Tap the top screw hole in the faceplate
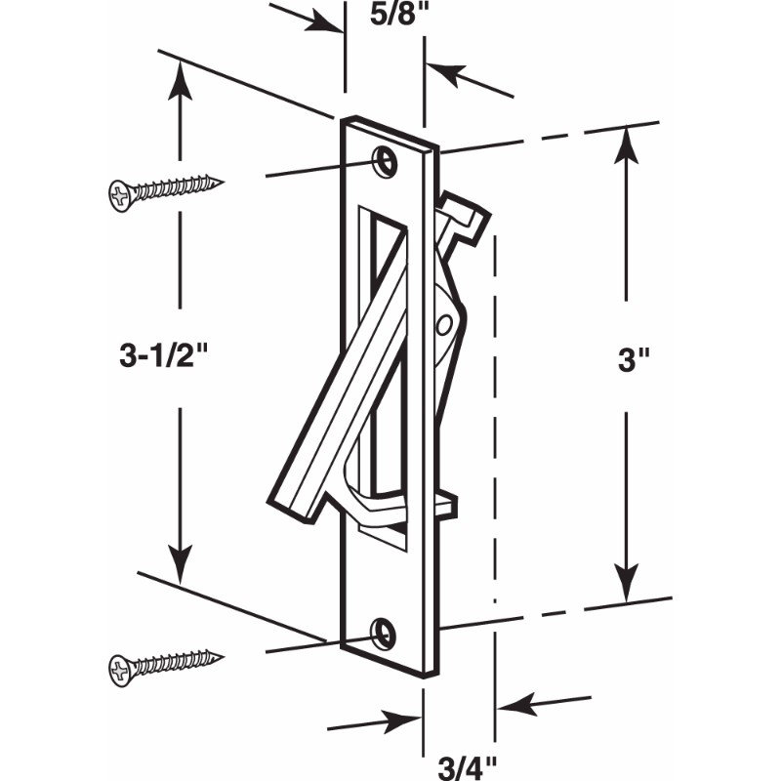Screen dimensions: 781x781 (x=386, y=161)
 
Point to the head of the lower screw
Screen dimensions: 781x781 (x=119, y=671)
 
